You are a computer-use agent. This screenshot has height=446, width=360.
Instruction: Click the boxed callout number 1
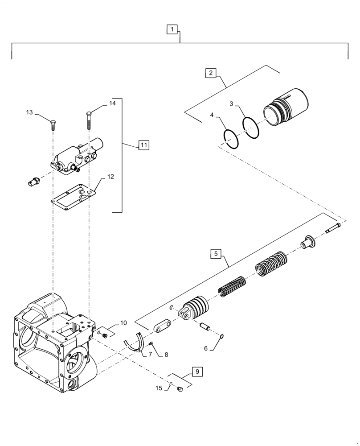pos(173,30)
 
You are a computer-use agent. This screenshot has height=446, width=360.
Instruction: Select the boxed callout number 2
pos(211,73)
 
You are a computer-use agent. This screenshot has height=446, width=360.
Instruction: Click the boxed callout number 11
pos(143,145)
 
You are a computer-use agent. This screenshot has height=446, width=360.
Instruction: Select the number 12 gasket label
pos(110,177)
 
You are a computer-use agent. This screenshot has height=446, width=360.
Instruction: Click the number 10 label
pos(123,322)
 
